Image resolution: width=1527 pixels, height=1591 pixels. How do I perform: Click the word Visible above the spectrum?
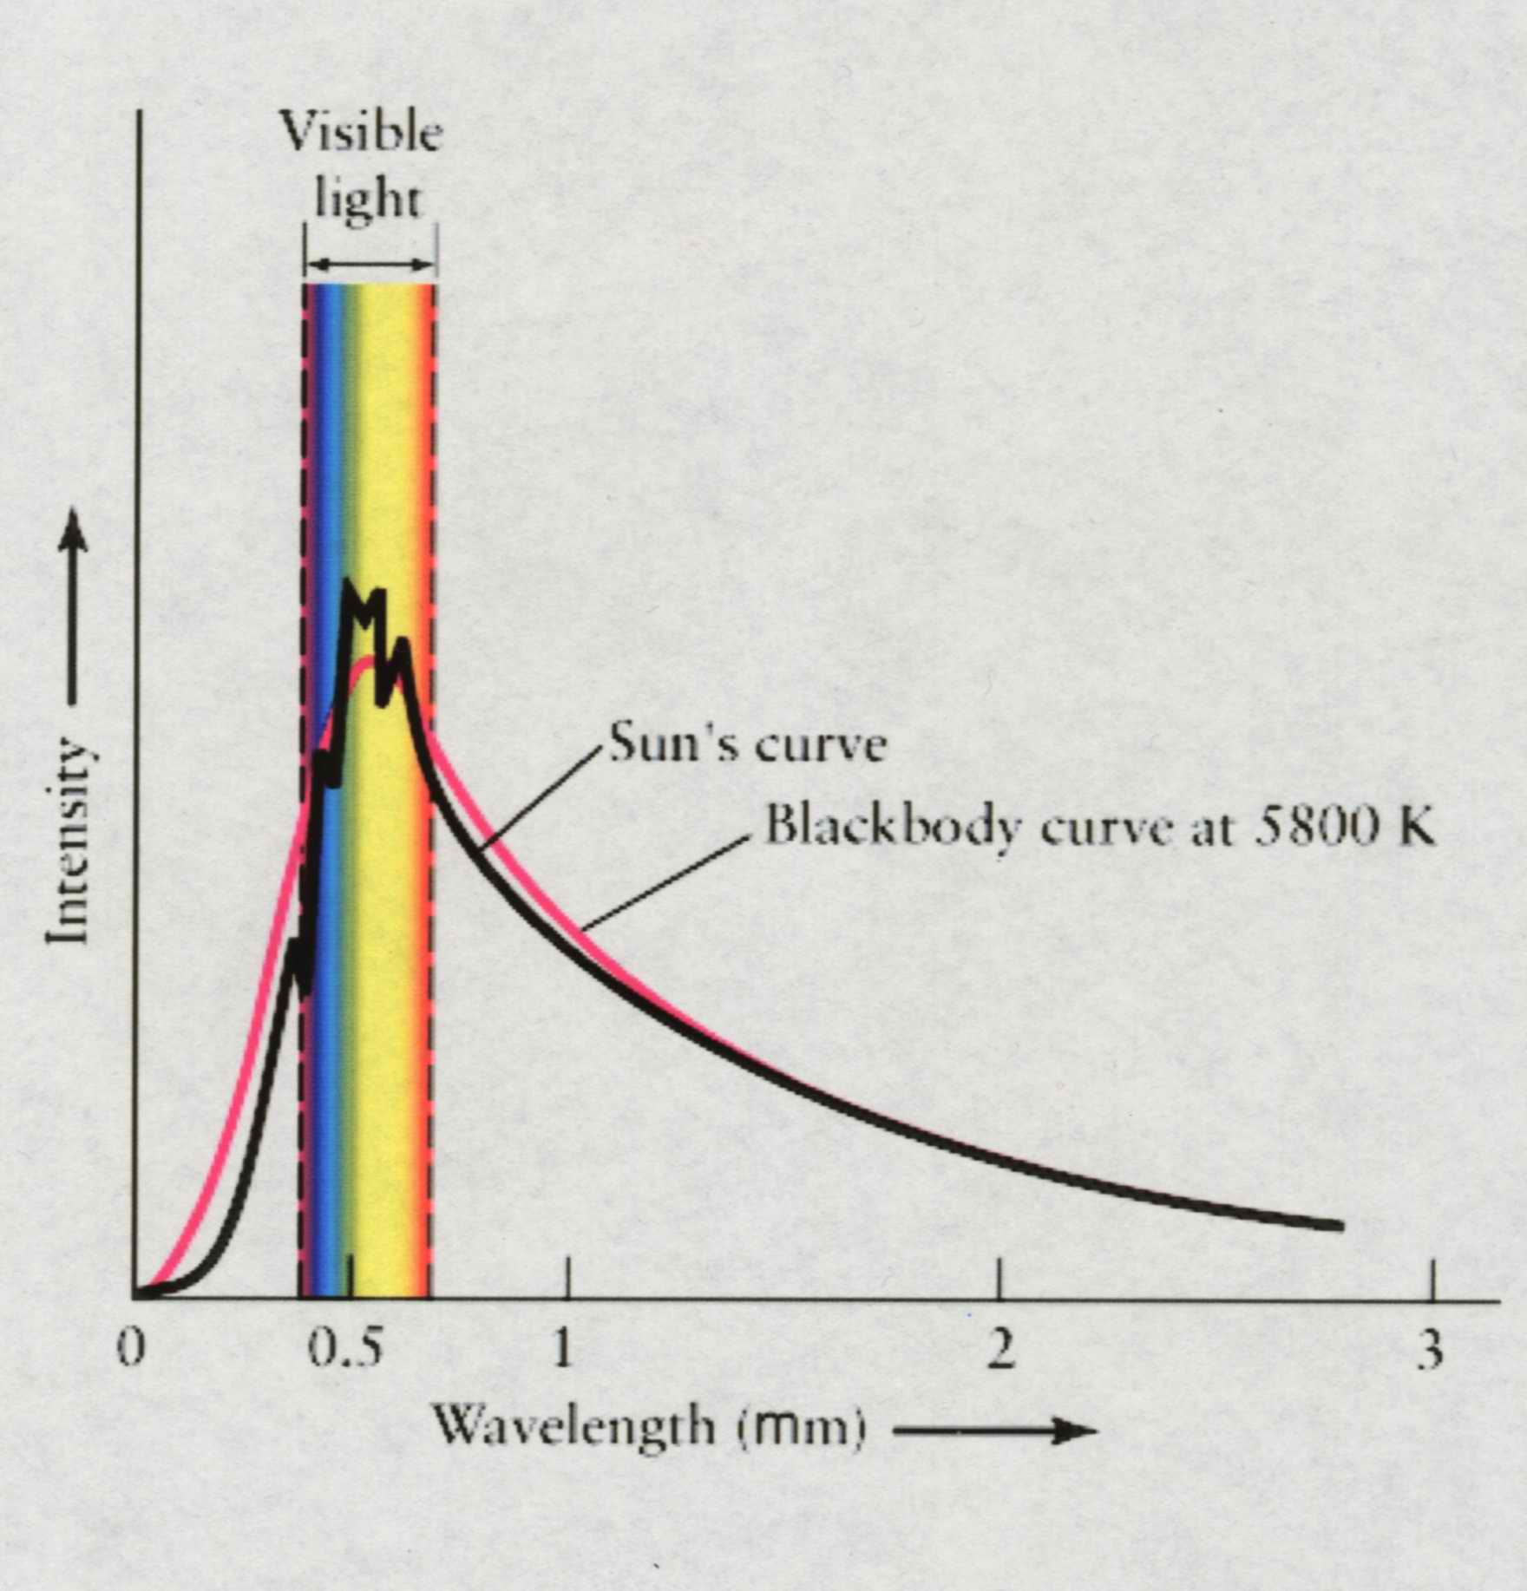361,134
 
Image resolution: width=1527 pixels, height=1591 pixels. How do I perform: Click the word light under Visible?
367,201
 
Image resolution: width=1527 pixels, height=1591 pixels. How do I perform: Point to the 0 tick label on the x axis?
130,1351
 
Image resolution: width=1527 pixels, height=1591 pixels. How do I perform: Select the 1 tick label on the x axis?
563,1351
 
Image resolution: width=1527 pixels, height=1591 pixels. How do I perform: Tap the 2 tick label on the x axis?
999,1351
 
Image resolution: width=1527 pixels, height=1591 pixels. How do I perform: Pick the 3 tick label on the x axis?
1431,1351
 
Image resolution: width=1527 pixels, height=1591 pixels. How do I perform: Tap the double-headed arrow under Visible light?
370,265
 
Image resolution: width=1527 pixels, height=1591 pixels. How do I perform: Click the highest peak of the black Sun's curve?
348,586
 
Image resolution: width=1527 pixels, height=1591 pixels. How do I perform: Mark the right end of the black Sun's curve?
1340,1226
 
